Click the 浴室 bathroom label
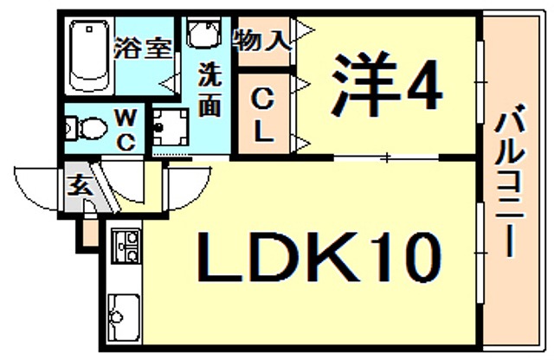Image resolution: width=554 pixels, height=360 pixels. (x=144, y=48)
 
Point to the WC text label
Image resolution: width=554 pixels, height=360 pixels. (x=126, y=128)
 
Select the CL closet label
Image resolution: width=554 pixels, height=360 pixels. (x=263, y=118)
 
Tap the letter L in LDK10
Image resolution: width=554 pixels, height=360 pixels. (x=217, y=256)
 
